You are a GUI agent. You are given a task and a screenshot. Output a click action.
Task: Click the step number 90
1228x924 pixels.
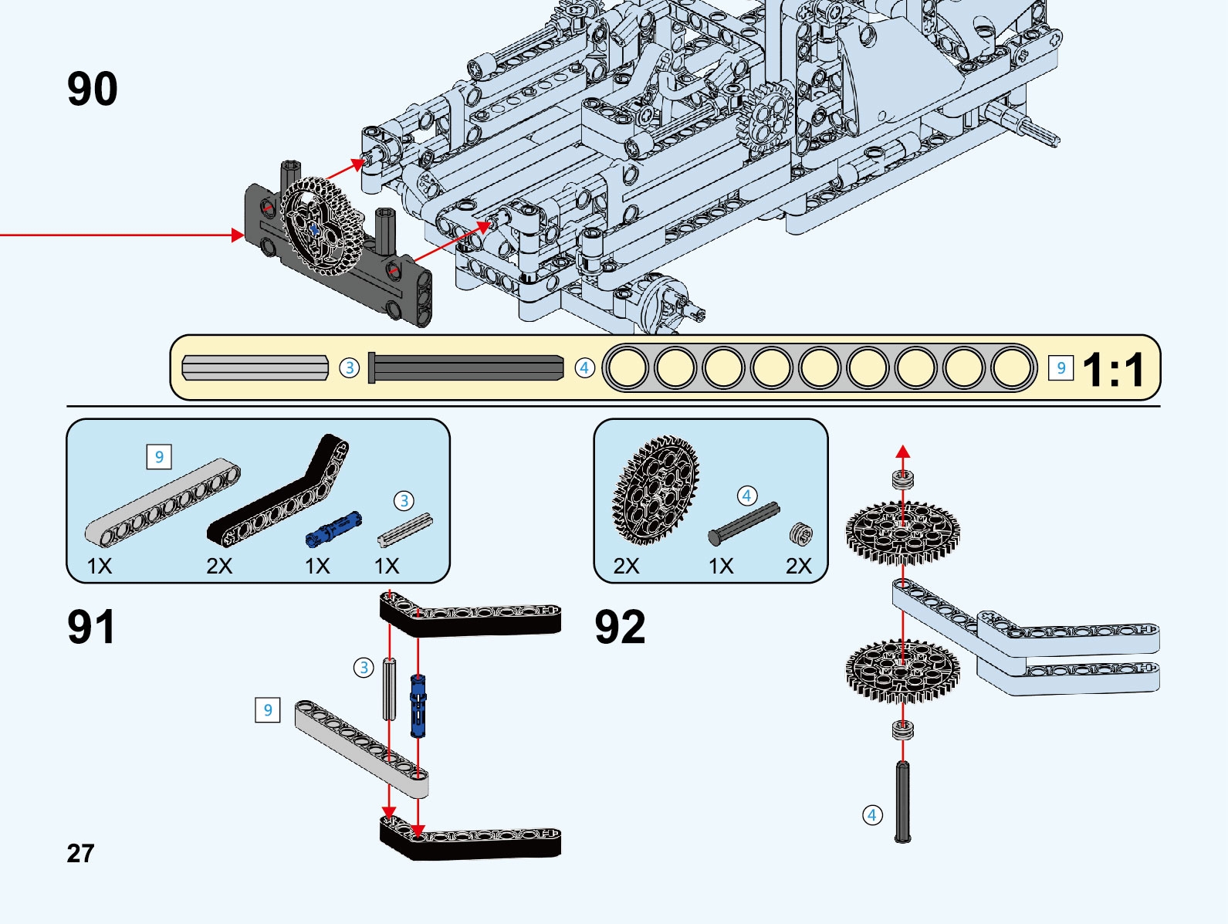(93, 90)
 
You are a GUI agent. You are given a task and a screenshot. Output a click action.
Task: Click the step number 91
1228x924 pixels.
(91, 627)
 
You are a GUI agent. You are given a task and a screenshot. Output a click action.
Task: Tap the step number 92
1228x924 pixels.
(620, 627)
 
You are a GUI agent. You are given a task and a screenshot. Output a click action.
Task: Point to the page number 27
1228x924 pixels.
(80, 853)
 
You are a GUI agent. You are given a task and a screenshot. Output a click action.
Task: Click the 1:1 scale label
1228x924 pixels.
(1113, 370)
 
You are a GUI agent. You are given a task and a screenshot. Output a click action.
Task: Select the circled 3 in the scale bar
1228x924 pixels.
(350, 368)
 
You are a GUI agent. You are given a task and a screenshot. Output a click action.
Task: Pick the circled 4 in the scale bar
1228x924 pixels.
(584, 368)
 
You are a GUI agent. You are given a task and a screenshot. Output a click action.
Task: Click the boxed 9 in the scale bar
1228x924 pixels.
(1061, 368)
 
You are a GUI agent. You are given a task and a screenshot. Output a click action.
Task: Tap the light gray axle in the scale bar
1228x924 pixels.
(255, 367)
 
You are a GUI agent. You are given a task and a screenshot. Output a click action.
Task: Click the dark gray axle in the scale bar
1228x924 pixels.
(466, 367)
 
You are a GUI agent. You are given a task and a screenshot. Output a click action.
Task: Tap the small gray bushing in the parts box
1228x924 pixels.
(801, 533)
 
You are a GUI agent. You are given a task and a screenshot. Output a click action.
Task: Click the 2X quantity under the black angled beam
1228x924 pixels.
(219, 567)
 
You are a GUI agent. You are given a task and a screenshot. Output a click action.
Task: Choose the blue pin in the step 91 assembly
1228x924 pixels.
(418, 706)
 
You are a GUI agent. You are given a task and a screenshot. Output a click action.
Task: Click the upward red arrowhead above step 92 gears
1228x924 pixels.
(903, 452)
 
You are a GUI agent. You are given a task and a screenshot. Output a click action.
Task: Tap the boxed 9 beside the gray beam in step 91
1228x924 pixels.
(267, 709)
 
